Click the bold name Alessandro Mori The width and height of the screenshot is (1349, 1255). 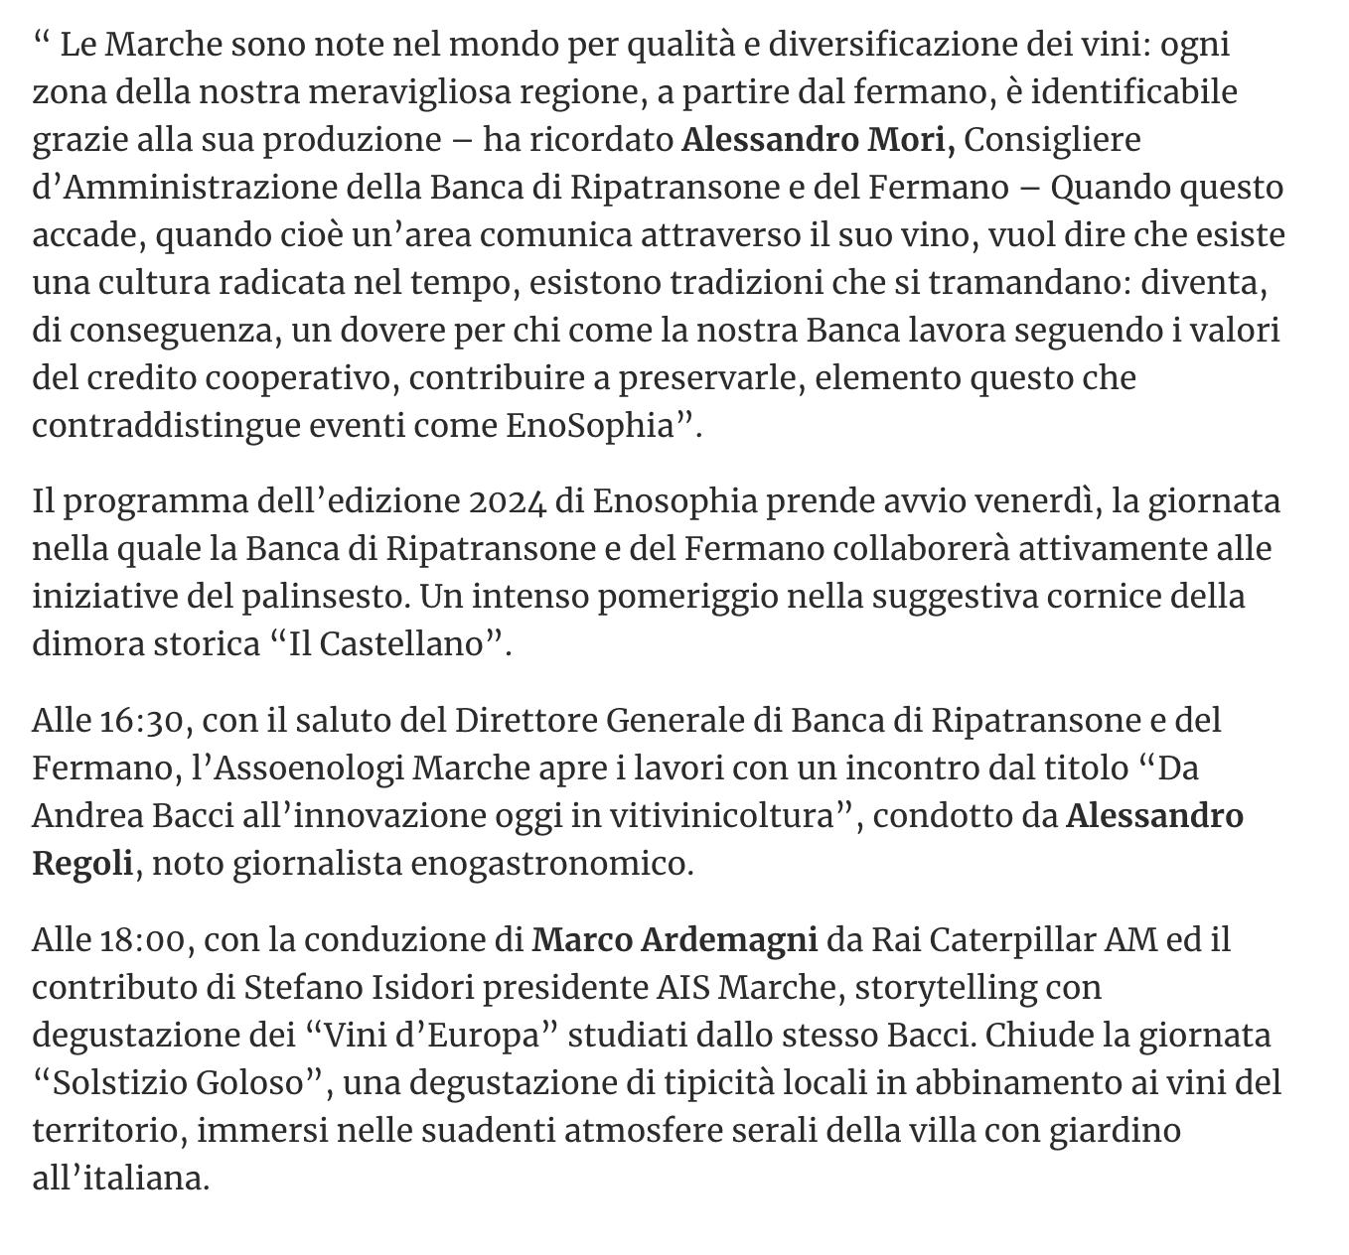[x=818, y=140]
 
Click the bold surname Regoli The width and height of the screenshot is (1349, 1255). [x=82, y=864]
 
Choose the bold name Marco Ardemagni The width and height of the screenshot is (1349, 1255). [x=674, y=939]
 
